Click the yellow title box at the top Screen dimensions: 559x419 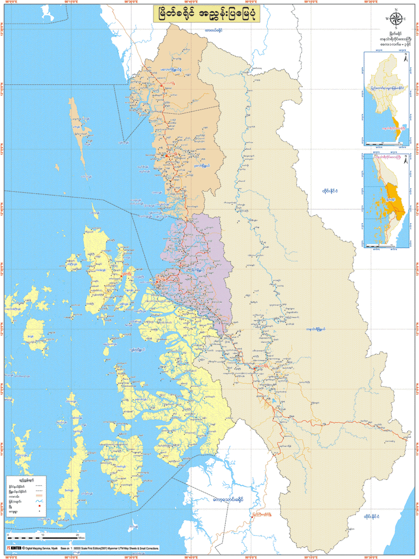point(209,15)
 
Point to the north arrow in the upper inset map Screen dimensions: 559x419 point(405,59)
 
